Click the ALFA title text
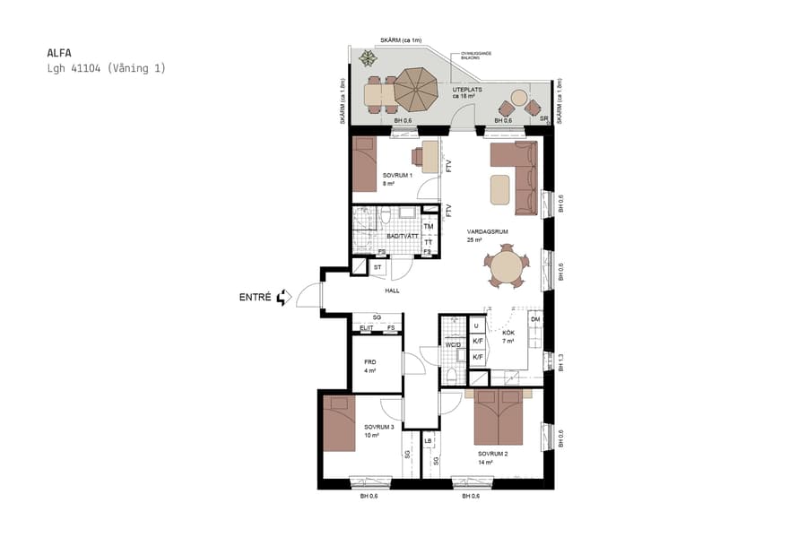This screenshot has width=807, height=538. (58, 52)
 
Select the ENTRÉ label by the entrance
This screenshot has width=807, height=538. (255, 297)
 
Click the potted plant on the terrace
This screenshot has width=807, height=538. (368, 59)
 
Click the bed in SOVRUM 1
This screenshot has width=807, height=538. (365, 164)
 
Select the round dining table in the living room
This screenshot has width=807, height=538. (507, 268)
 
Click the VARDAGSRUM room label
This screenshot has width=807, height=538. (488, 231)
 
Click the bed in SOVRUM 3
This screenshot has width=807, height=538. (340, 424)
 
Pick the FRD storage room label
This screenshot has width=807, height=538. (369, 362)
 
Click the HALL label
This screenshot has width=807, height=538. (392, 291)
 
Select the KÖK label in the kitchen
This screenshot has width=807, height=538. (508, 334)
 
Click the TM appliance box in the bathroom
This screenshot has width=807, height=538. (429, 227)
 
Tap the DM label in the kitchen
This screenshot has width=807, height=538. (535, 319)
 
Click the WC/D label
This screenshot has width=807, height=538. (452, 345)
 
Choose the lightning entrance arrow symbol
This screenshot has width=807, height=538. (284, 297)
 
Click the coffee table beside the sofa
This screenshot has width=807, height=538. (499, 188)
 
